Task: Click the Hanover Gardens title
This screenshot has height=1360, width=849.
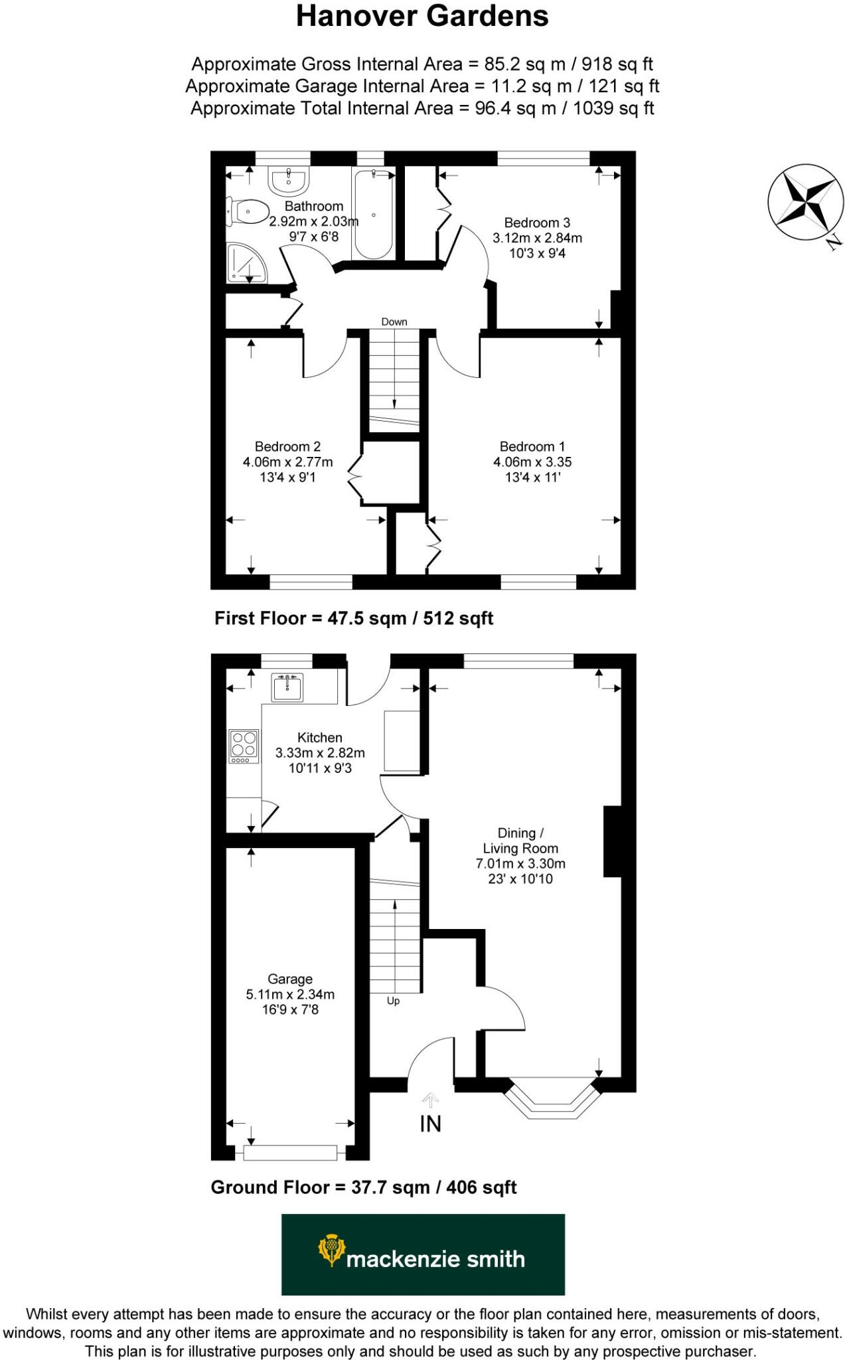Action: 422,16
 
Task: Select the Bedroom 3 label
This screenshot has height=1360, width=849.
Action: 537,222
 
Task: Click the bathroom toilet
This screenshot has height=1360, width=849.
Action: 248,212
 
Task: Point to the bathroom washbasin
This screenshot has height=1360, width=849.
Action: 289,179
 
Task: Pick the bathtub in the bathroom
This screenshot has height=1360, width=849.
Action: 374,214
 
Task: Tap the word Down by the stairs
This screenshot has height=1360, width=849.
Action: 394,322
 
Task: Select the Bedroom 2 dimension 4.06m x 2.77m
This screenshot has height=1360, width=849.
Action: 287,462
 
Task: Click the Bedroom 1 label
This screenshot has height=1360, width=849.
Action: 532,446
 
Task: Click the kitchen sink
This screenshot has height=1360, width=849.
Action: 287,687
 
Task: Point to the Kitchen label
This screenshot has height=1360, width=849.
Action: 320,737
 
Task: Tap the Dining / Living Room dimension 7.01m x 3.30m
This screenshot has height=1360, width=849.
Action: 520,864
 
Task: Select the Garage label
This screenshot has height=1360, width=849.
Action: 290,979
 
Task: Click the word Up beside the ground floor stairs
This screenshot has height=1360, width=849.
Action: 393,1001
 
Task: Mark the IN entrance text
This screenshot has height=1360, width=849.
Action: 430,1124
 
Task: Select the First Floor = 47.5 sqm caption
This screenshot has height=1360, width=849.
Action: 353,618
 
